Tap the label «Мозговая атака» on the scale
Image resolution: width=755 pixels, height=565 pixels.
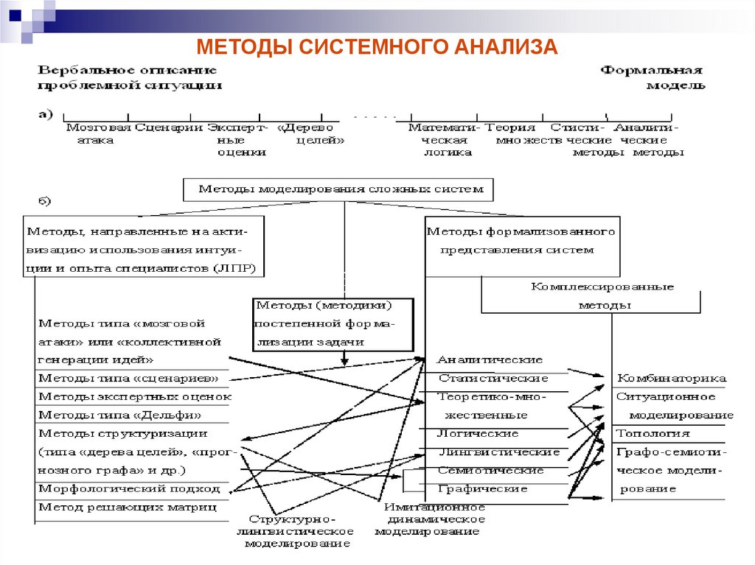97,133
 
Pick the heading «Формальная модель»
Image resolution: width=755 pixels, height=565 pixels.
652,77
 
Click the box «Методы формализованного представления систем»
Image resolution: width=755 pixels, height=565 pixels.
521,241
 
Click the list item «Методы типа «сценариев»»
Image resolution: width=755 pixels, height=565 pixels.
128,379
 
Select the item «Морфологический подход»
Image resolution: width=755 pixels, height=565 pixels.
130,488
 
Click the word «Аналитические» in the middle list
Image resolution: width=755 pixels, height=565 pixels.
490,359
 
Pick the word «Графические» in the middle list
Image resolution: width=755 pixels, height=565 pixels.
483,488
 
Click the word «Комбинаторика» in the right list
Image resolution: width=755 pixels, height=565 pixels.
671,379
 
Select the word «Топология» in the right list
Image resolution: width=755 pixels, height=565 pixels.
653,434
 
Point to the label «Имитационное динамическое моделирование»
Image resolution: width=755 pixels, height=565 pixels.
430,519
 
